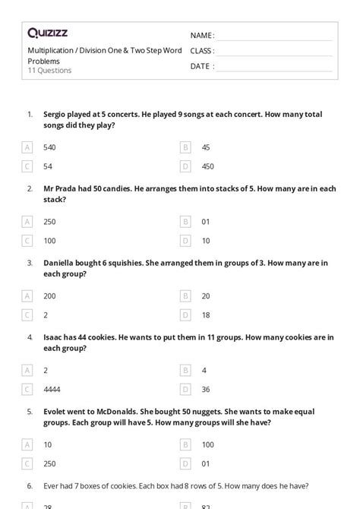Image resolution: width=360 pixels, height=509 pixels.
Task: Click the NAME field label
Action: click(201, 36)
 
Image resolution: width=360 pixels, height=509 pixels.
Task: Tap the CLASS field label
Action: click(202, 51)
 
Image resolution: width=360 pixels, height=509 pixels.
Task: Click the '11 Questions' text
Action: click(49, 71)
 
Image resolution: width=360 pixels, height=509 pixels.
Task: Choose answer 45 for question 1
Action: click(206, 147)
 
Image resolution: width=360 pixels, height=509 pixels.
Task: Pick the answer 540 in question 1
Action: click(49, 147)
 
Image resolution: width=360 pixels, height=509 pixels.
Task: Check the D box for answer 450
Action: click(185, 166)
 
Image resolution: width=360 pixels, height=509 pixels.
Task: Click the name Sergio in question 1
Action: click(55, 115)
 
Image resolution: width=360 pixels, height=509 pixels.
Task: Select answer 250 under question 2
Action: click(49, 222)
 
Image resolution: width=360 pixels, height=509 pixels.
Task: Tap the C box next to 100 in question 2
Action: click(27, 240)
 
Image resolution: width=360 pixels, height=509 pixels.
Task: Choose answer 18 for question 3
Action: click(206, 315)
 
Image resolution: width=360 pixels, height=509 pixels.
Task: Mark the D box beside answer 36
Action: click(185, 389)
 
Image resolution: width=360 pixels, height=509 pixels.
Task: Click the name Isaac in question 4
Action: click(53, 337)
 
